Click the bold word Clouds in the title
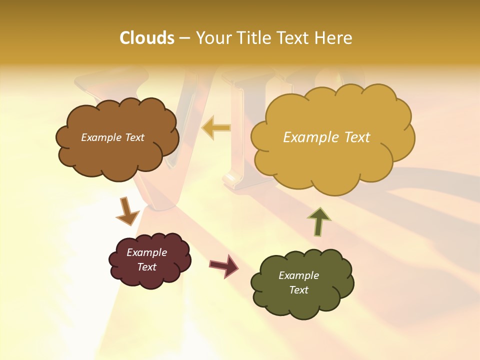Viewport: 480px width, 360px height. (x=146, y=38)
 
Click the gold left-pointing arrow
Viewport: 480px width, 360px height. (x=216, y=128)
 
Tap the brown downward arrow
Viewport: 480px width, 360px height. (x=127, y=212)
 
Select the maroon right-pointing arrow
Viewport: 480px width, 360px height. (x=224, y=265)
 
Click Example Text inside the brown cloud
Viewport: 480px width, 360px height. (x=112, y=137)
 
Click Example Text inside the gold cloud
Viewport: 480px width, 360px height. (x=326, y=137)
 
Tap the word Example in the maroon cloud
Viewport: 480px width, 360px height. (x=146, y=252)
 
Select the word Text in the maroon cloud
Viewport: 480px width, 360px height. (x=146, y=267)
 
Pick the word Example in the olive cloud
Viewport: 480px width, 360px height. (x=298, y=275)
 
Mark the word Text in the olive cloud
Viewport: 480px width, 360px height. (x=298, y=290)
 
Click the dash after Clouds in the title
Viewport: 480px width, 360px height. (x=184, y=38)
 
